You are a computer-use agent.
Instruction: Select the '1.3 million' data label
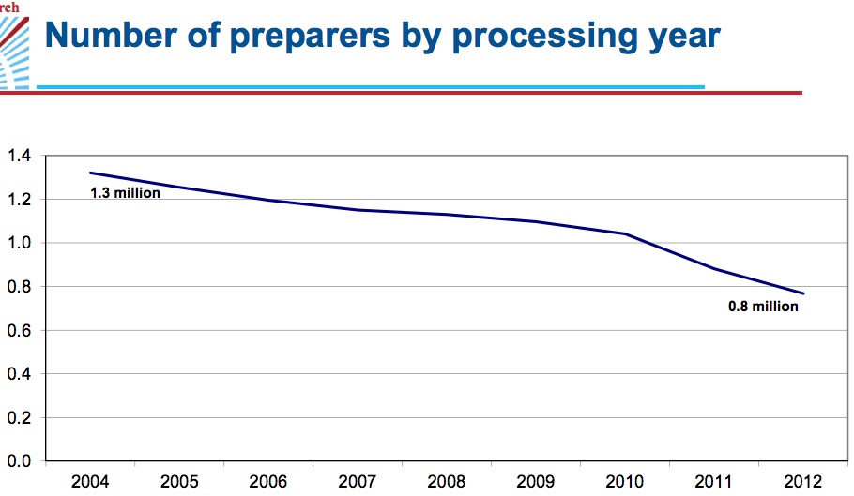click(x=125, y=194)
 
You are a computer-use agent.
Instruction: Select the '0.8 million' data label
click(x=763, y=307)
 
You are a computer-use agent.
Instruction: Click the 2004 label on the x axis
click(x=90, y=482)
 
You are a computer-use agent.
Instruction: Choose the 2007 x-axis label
click(x=358, y=482)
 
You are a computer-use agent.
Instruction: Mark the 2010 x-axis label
click(x=625, y=482)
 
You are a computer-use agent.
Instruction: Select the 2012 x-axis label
click(x=803, y=482)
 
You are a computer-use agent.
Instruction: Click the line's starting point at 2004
click(x=90, y=173)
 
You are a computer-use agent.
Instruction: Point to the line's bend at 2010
click(x=625, y=233)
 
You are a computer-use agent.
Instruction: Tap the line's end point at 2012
click(x=803, y=293)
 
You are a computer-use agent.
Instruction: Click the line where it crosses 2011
click(x=714, y=268)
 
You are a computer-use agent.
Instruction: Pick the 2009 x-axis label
click(x=536, y=482)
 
